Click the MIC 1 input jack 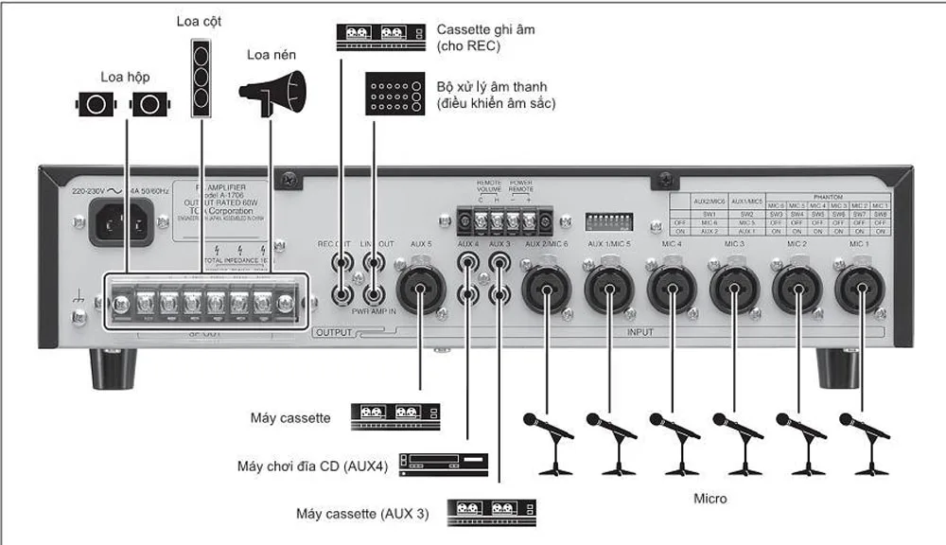coord(858,289)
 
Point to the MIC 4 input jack coord(672,289)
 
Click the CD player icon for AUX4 coord(444,463)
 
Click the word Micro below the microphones coord(709,497)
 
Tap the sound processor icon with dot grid coord(394,96)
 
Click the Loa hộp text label coord(125,76)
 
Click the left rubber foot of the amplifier coord(114,368)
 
